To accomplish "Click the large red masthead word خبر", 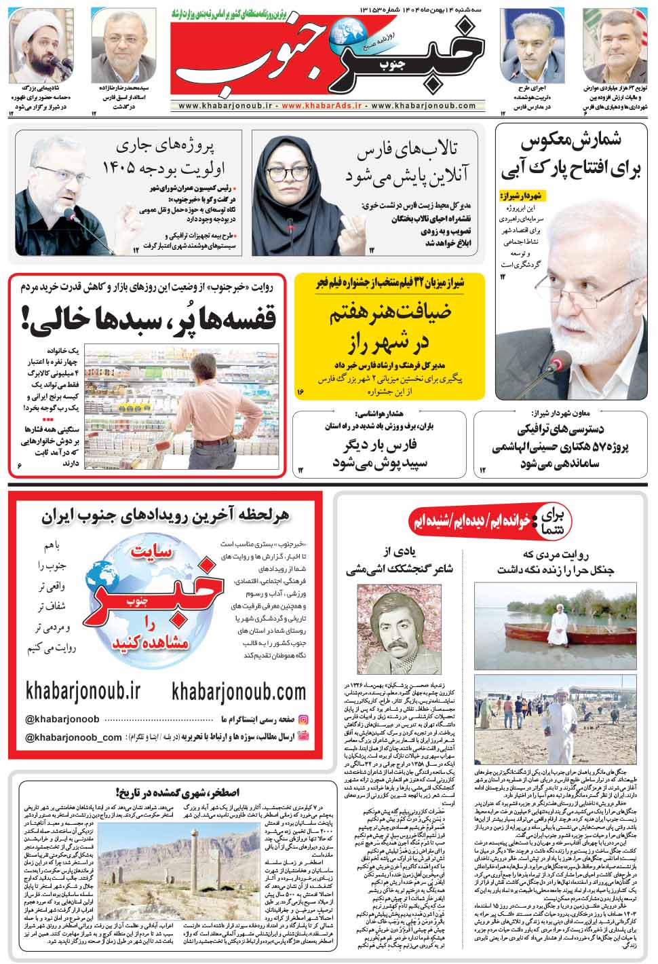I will (434, 58).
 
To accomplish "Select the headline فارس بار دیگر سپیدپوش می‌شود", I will (383, 454).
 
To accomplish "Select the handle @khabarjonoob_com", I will (73, 737).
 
